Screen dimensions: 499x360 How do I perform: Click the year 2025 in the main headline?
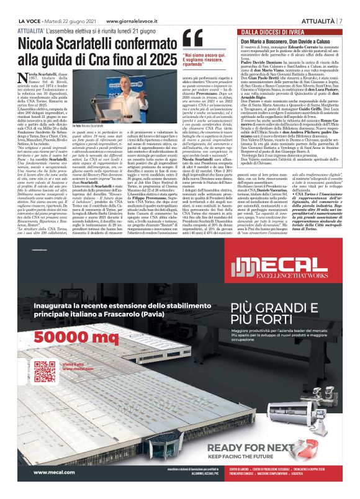[x=161, y=60]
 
